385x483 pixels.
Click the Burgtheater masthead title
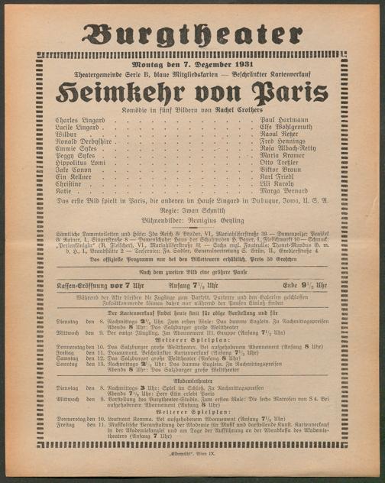pyautogui.click(x=192, y=34)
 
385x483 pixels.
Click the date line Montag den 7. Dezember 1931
pyautogui.click(x=192, y=63)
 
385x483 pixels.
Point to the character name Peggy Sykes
pyautogui.click(x=75, y=155)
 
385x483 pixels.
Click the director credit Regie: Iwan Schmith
pyautogui.click(x=192, y=209)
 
